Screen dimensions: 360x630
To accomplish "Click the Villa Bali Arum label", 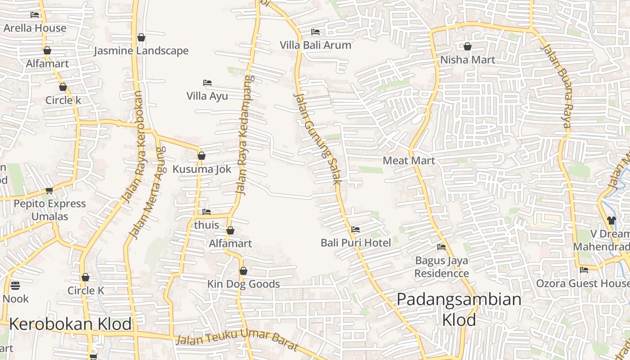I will (x=315, y=45).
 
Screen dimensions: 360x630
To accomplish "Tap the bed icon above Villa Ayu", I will (x=207, y=83).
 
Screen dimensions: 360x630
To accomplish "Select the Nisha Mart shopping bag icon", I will (x=468, y=46).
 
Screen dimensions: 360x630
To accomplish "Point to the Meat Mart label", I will (x=409, y=161).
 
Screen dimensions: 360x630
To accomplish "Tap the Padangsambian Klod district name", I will (x=459, y=309).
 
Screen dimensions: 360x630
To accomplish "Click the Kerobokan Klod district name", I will (x=70, y=324).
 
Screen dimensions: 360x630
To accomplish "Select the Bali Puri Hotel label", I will (x=355, y=243).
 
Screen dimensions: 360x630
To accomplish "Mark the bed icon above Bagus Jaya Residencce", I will (x=441, y=247).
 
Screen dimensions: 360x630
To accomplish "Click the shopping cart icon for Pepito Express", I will (x=49, y=191).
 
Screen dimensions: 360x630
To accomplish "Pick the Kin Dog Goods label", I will (x=243, y=284).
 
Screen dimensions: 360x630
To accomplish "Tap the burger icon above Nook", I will (x=15, y=286).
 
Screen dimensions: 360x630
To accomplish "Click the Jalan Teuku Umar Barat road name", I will (x=237, y=339).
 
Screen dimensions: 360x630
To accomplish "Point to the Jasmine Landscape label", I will (x=141, y=51).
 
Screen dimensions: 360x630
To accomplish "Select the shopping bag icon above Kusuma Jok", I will (x=202, y=156).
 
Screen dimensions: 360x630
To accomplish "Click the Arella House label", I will (x=35, y=28).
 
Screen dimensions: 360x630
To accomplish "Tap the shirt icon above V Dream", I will (x=611, y=220).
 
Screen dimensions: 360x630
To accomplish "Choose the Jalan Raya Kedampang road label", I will (x=243, y=135).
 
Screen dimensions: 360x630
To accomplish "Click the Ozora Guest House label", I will (x=583, y=284).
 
